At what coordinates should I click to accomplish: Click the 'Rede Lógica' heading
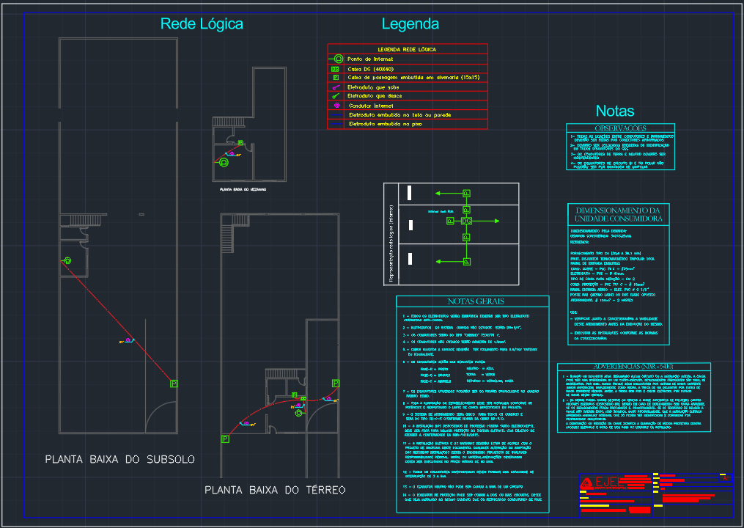(202, 24)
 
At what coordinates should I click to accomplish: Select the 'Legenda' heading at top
(410, 24)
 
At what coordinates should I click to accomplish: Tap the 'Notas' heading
(615, 111)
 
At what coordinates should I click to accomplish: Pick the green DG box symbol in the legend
(335, 68)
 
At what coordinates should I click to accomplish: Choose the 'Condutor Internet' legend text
(371, 106)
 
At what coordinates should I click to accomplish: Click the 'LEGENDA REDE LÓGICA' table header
(407, 49)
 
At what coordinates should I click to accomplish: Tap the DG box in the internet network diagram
(465, 221)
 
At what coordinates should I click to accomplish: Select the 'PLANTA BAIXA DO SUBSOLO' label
(120, 460)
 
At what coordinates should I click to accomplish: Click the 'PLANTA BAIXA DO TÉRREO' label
(275, 489)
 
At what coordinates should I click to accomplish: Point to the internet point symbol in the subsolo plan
(67, 260)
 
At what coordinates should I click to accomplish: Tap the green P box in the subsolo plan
(174, 384)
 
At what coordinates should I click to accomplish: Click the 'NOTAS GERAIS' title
(472, 301)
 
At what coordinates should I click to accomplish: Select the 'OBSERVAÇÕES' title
(619, 128)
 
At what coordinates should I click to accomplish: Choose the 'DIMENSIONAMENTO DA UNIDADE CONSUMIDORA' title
(619, 214)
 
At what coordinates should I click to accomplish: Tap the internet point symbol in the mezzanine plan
(224, 163)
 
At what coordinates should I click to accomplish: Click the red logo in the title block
(587, 483)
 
